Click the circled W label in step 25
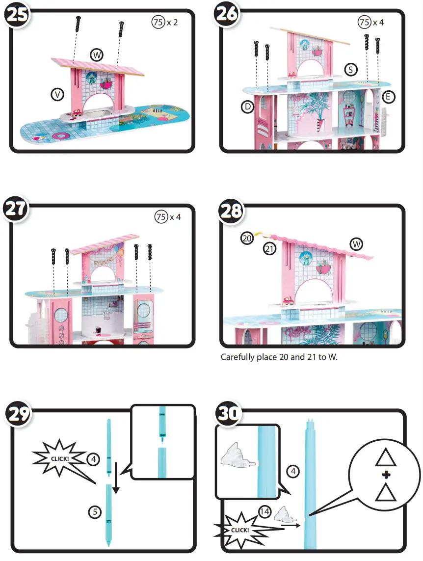tap(97, 55)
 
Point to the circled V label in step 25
tap(58, 95)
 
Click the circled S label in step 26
tap(350, 70)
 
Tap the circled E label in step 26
tap(388, 97)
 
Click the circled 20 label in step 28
tap(247, 239)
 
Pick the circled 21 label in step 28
tap(269, 249)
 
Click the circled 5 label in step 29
tap(95, 512)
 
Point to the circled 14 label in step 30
tap(265, 512)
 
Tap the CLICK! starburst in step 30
tap(240, 530)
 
